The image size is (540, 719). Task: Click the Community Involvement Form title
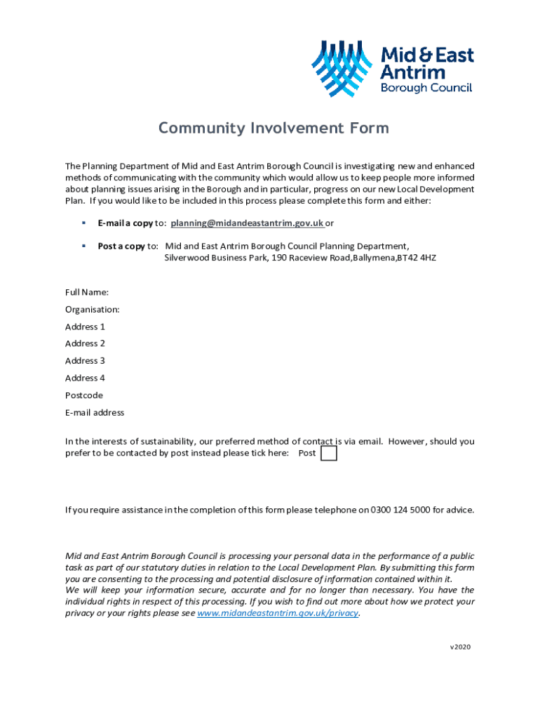point(273,128)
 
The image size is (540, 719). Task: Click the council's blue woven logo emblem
point(342,69)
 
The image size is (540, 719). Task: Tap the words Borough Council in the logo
point(426,88)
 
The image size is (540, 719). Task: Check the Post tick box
point(328,454)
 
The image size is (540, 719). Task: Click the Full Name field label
point(87,292)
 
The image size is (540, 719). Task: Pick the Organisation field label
point(93,309)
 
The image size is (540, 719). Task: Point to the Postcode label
point(84,395)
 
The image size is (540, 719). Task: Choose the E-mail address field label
point(95,413)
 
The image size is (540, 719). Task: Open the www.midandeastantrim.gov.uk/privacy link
point(278,613)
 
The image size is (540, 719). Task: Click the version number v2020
point(460,647)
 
